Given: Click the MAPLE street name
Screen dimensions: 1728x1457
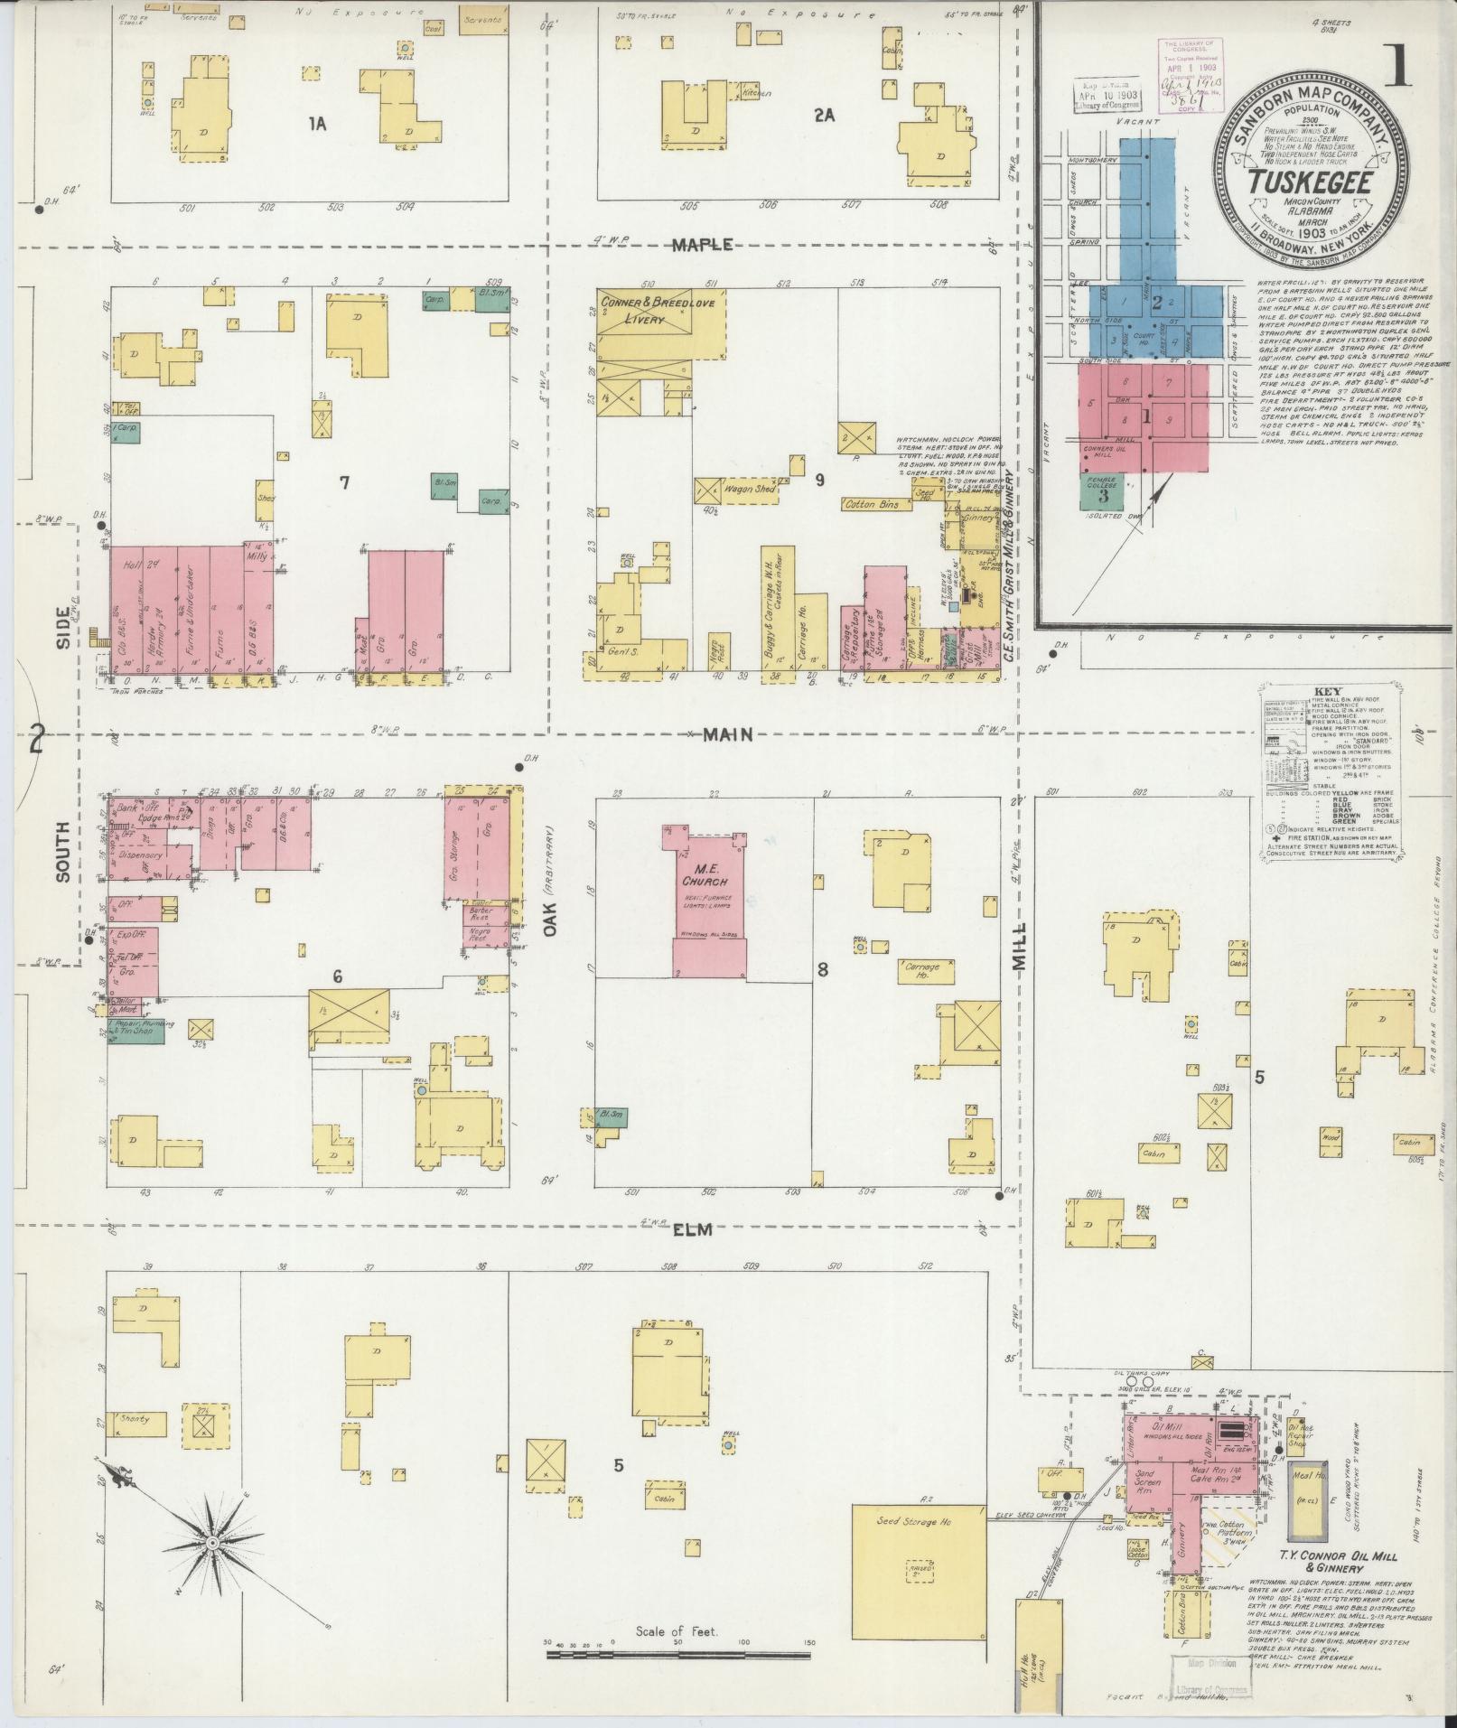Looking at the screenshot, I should tap(713, 245).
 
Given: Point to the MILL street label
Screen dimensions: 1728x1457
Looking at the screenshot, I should tap(1020, 946).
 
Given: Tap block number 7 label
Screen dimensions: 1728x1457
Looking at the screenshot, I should tap(343, 482).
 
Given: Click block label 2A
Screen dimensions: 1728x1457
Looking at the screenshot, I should tap(823, 115).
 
